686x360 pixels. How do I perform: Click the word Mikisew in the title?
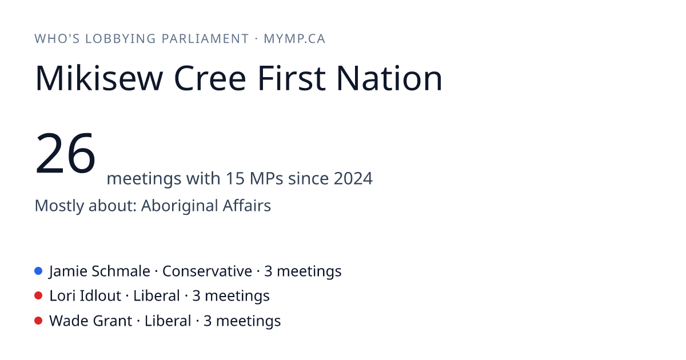[99, 78]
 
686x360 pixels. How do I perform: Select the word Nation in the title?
[389, 78]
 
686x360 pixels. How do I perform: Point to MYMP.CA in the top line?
[294, 39]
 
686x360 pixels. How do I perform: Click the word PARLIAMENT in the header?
[205, 39]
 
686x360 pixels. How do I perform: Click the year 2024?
[353, 178]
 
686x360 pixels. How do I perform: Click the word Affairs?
[247, 205]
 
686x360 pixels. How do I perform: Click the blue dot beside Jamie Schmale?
[38, 271]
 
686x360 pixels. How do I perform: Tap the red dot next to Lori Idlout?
[38, 296]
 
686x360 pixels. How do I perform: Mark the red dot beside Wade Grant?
[38, 321]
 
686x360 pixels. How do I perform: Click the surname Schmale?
[121, 271]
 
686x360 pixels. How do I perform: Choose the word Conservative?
[207, 271]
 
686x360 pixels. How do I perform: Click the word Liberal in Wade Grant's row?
[168, 321]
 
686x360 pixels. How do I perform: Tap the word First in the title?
[292, 78]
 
